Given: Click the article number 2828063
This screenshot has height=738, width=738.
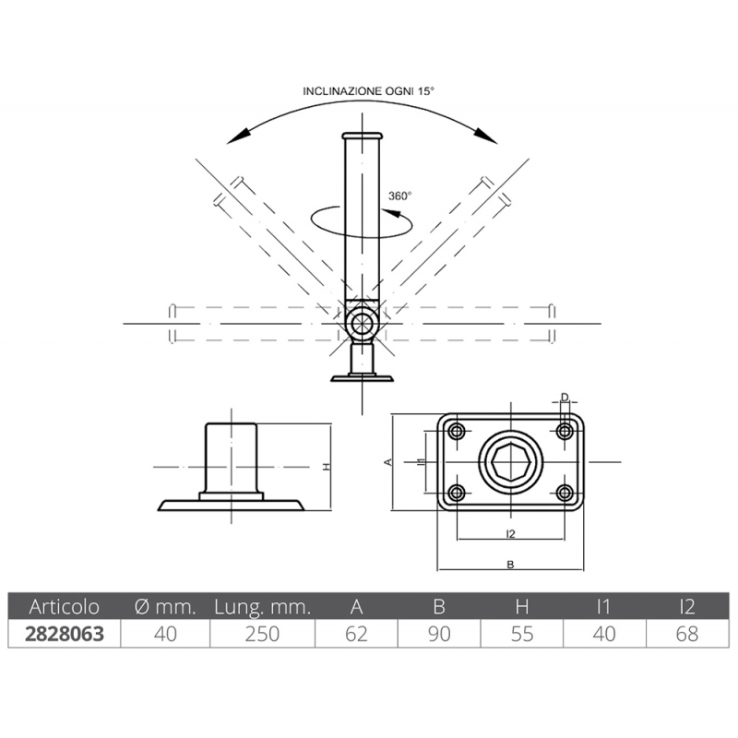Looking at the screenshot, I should coord(64,634).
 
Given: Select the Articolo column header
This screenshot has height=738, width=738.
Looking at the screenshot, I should coord(64,607).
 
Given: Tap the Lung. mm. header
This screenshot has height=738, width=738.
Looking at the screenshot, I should coord(263,607).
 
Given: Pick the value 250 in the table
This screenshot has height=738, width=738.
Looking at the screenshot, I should coord(263,634).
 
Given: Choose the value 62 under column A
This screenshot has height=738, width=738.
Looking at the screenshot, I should coord(356,634).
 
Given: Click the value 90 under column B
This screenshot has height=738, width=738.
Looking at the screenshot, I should coord(439,634).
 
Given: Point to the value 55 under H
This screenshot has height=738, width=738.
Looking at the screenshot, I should coord(522,634).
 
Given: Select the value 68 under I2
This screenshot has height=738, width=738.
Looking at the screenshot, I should coord(687,634).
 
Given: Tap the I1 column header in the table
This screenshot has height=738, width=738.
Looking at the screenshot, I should coord(605,607).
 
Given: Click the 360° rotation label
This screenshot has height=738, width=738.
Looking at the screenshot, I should coord(399,196).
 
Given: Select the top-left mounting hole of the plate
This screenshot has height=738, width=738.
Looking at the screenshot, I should coord(455,431).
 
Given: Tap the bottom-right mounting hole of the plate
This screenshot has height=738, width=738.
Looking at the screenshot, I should coord(565,491).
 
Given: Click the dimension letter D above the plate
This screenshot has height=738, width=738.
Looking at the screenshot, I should coord(565,399).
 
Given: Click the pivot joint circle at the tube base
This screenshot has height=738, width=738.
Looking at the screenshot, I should coord(361,324).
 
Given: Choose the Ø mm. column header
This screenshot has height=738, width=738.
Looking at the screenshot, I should coord(166,607).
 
